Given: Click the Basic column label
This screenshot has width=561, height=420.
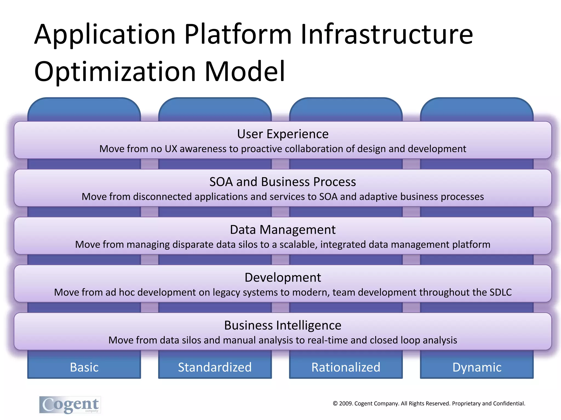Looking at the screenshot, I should (x=84, y=367).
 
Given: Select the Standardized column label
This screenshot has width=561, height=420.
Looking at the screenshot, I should (x=215, y=367).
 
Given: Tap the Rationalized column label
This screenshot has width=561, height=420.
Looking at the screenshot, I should (x=346, y=367).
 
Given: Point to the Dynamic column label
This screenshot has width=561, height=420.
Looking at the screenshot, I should (x=477, y=367).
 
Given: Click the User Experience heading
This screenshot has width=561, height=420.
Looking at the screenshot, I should (x=283, y=134).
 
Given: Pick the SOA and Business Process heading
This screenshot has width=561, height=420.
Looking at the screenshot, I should (x=283, y=182).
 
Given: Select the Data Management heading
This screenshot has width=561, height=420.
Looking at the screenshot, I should (x=283, y=230).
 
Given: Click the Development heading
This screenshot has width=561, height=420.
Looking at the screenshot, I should (x=283, y=278).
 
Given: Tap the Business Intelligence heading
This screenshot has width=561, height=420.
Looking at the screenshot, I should (x=283, y=325).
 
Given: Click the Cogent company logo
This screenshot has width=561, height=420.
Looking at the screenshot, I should (x=70, y=405).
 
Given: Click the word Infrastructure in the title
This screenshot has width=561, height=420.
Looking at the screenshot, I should (x=387, y=35).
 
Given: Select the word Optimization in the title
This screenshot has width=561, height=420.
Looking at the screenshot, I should (x=115, y=72).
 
